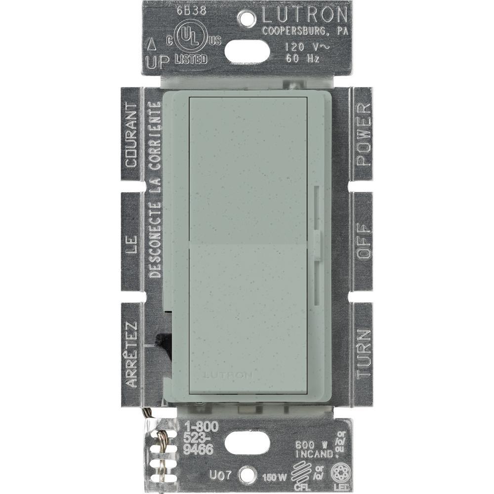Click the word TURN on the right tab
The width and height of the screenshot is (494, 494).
tap(363, 353)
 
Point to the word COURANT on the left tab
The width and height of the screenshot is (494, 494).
tap(131, 134)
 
